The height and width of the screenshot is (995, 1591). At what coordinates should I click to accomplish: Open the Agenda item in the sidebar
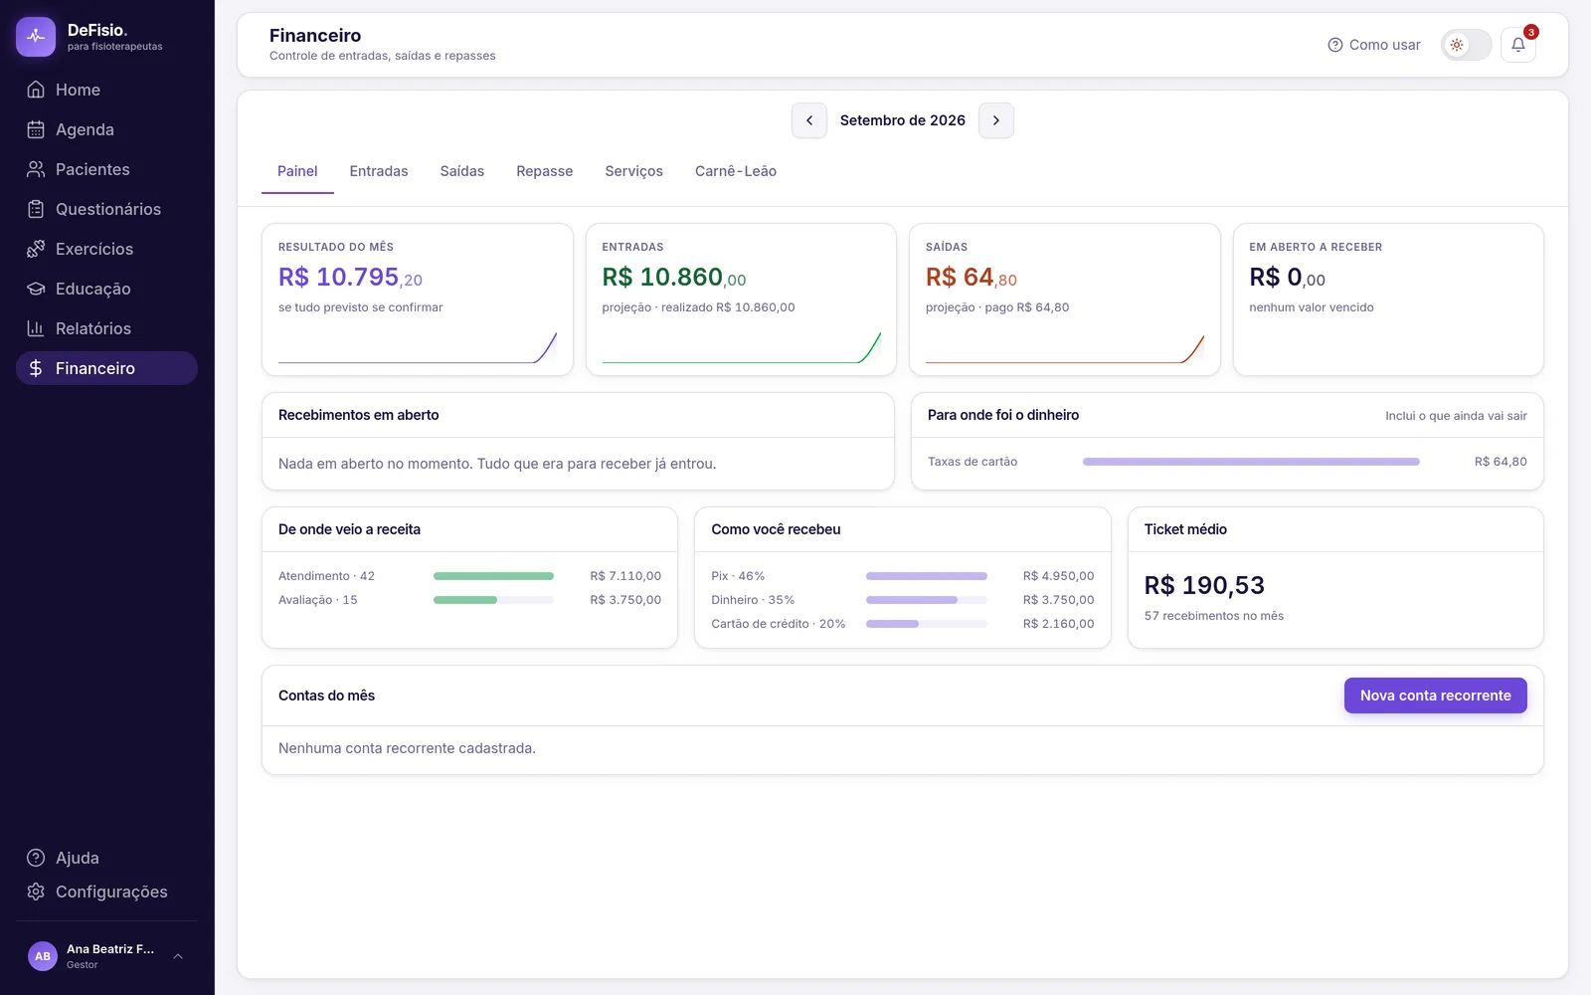85,129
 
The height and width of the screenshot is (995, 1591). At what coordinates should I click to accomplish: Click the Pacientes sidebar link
92,169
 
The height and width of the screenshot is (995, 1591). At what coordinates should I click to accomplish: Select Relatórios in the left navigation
93,328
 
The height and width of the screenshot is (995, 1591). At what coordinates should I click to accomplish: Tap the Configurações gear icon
36,892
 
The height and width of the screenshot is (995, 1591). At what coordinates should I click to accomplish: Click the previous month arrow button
809,120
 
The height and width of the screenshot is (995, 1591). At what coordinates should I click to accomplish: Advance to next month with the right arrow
995,120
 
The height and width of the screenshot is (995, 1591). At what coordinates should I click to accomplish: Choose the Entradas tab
379,171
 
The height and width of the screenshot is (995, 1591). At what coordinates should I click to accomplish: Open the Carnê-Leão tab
735,171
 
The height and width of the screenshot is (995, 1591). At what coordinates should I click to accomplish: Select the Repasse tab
544,171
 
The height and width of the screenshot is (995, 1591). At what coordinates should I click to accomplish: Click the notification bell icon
1517,45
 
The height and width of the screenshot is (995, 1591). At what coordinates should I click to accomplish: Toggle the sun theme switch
1466,45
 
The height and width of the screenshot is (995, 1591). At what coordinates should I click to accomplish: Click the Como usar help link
1373,45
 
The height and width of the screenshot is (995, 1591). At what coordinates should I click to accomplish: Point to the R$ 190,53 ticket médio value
1204,585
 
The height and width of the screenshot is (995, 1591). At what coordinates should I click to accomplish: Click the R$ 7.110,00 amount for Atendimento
625,576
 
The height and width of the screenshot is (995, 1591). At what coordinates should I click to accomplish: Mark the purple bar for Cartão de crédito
892,623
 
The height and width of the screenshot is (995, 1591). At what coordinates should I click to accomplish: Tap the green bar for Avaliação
465,600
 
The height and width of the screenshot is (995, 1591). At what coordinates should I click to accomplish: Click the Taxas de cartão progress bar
1251,462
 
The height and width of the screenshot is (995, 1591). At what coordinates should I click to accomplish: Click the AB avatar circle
43,956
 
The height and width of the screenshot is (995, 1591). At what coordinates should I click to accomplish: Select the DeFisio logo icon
36,36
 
